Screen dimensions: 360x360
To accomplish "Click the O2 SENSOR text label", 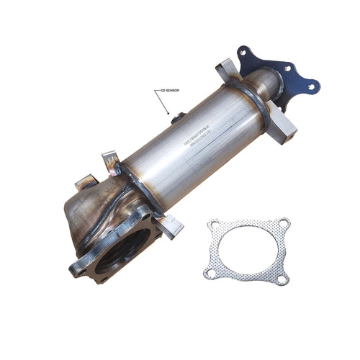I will tap(170, 91).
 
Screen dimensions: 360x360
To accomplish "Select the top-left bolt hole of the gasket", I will tap(212, 226).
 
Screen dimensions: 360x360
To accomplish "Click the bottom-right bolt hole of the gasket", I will tap(283, 276).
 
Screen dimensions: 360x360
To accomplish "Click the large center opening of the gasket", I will tap(247, 249).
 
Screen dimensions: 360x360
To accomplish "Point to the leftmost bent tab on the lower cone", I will tap(86, 181).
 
